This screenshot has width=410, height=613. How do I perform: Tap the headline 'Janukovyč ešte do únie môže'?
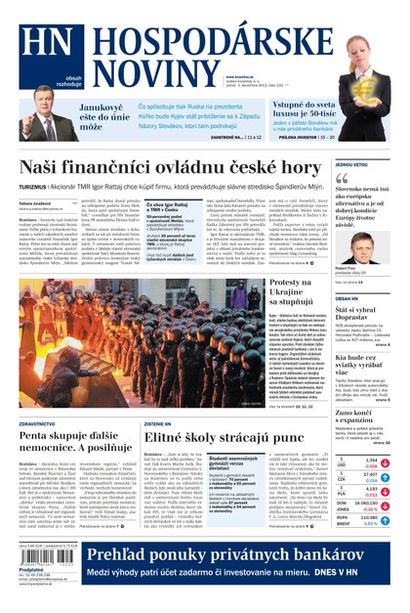(x=101, y=116)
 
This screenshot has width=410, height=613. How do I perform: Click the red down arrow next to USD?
(x=385, y=463)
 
